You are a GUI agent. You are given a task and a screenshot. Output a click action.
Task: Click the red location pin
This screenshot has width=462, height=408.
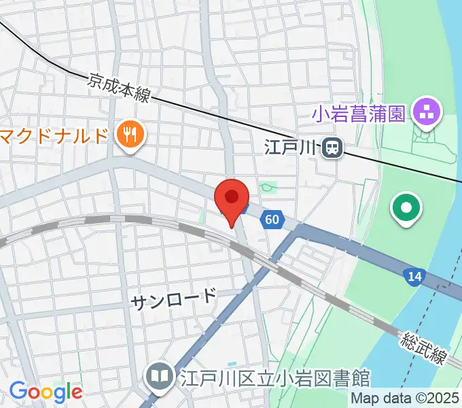(x=231, y=199)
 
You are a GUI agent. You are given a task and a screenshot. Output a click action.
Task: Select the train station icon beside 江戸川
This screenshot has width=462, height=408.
(x=332, y=146)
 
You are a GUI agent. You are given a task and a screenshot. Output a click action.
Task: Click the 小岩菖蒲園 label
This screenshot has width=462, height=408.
(x=359, y=112)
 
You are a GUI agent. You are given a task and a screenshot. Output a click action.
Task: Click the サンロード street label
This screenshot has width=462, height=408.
(x=173, y=298)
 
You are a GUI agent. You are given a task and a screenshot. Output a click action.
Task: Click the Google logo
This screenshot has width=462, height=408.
(x=46, y=391)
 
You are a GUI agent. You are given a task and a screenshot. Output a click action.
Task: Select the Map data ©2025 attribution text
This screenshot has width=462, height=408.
(x=406, y=398)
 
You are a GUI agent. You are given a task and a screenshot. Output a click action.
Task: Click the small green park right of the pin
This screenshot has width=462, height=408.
(x=269, y=186)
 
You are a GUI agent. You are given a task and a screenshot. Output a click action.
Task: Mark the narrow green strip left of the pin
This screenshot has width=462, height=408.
(x=202, y=216)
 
